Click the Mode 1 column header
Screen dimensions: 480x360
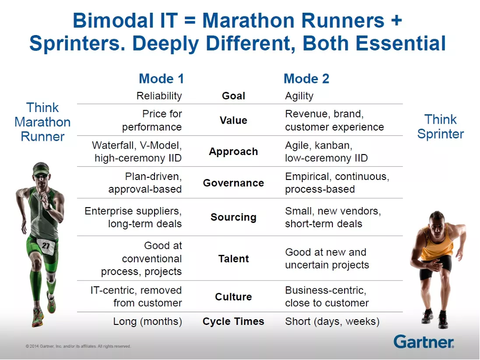coord(161,79)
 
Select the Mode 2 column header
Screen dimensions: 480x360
coord(306,79)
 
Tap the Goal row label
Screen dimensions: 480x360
coord(234,96)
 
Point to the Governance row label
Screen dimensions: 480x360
coord(234,183)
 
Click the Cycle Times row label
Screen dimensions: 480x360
coord(233,321)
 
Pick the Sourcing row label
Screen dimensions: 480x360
coord(234,217)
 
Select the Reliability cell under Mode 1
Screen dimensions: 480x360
coord(159,96)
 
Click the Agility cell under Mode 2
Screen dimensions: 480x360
coord(299,96)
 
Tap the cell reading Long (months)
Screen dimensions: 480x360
coord(148,321)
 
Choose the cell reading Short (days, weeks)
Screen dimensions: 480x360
coord(332,321)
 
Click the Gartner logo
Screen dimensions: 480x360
coord(424,341)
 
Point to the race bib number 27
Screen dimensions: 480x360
coord(46,245)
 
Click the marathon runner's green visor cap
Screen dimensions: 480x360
coord(41,168)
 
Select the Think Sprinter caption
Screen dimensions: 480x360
coord(441,126)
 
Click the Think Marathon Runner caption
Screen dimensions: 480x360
coord(42,122)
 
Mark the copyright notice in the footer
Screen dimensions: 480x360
coord(79,346)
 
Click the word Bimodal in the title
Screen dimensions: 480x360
coord(113,21)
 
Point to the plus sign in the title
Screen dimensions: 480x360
coord(396,21)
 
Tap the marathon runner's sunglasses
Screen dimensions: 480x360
coord(41,176)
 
